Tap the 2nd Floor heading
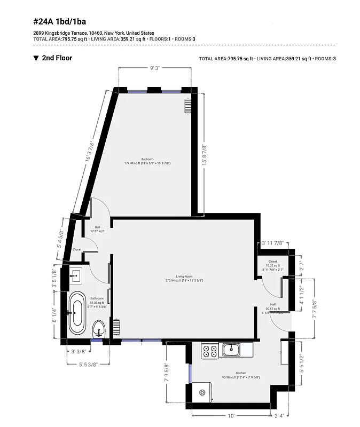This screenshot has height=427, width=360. [57, 58]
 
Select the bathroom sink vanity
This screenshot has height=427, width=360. [75, 276]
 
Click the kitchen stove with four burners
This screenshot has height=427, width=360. [209, 350]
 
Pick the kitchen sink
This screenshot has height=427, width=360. [231, 350]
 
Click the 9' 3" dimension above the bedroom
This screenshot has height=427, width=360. [155, 68]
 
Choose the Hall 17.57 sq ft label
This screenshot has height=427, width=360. [97, 229]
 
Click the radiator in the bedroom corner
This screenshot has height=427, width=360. [187, 106]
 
